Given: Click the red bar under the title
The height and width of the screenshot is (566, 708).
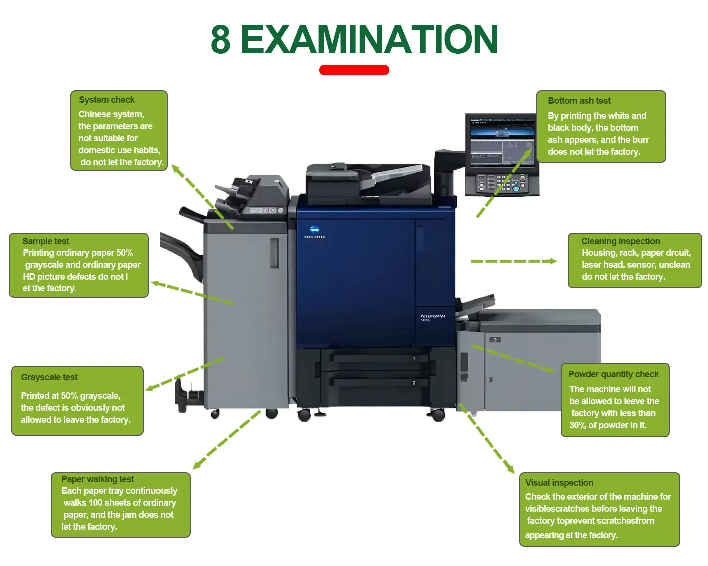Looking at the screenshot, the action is (x=354, y=70).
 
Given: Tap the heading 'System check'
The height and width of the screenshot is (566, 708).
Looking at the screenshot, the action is (x=106, y=100).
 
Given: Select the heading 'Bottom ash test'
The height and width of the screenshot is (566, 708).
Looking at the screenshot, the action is (x=579, y=101).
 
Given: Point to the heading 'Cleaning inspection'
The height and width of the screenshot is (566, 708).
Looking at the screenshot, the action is (x=620, y=241).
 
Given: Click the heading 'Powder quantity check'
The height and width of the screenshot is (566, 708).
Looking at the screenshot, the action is (x=613, y=374).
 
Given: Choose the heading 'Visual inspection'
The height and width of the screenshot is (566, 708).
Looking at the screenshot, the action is (x=559, y=483).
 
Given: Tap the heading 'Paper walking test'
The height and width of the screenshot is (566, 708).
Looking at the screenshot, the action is (x=97, y=479).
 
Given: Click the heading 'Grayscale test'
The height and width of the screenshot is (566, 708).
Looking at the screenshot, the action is (x=49, y=377).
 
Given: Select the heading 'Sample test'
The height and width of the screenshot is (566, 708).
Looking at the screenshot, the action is (x=45, y=241).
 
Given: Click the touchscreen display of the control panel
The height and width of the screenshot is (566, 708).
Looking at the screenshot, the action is (x=501, y=142).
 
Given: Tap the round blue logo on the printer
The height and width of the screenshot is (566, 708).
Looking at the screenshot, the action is (x=314, y=230).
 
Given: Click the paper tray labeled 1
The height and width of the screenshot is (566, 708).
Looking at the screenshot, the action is (x=375, y=358).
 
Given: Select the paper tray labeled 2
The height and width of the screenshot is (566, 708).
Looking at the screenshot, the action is (x=375, y=383).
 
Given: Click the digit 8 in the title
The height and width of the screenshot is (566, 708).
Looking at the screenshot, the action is (x=220, y=39).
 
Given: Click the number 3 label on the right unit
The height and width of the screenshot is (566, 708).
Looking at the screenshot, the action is (x=495, y=340).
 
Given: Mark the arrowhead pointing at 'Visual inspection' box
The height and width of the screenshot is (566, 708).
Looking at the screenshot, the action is (x=510, y=469).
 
